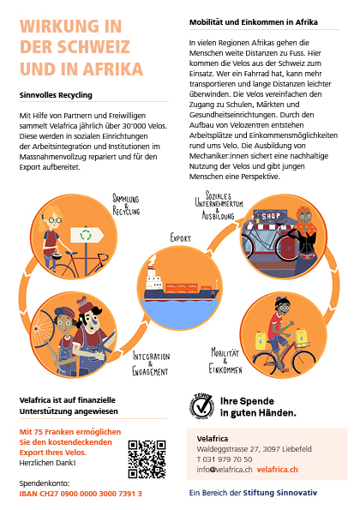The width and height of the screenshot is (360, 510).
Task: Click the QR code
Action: pyautogui.click(x=147, y=459)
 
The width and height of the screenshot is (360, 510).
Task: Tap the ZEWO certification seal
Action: pyautogui.click(x=202, y=405)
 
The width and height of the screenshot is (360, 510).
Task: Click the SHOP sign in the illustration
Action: pyautogui.click(x=271, y=216)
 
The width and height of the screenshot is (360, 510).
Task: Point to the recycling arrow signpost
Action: pyautogui.click(x=87, y=235)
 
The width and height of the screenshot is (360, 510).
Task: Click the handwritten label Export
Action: pyautogui.click(x=181, y=237)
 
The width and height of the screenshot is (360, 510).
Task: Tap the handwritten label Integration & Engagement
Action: pyautogui.click(x=151, y=363)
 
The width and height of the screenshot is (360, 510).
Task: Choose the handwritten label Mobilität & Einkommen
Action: pyautogui.click(x=225, y=360)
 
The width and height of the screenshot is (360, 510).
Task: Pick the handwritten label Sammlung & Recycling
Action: pyautogui.click(x=126, y=205)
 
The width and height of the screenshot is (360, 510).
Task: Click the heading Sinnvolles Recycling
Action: pyautogui.click(x=56, y=95)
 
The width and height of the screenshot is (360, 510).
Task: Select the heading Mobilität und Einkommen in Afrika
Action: pyautogui.click(x=254, y=22)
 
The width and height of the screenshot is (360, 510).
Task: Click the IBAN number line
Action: pyautogui.click(x=81, y=494)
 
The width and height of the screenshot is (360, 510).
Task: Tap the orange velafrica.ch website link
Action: pyautogui.click(x=277, y=470)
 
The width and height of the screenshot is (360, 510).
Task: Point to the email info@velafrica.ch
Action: pyautogui.click(x=225, y=470)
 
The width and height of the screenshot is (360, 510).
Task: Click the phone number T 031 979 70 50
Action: pyautogui.click(x=225, y=459)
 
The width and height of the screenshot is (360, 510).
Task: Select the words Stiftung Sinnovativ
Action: pyautogui.click(x=280, y=493)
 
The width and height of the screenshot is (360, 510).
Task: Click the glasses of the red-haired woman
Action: pyautogui.click(x=55, y=220)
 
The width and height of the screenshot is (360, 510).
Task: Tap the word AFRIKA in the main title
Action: pyautogui.click(x=112, y=69)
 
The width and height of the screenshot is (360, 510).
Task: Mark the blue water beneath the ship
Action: pyautogui.click(x=180, y=312)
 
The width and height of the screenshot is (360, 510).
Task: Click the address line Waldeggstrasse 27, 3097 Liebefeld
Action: pyautogui.click(x=254, y=449)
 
